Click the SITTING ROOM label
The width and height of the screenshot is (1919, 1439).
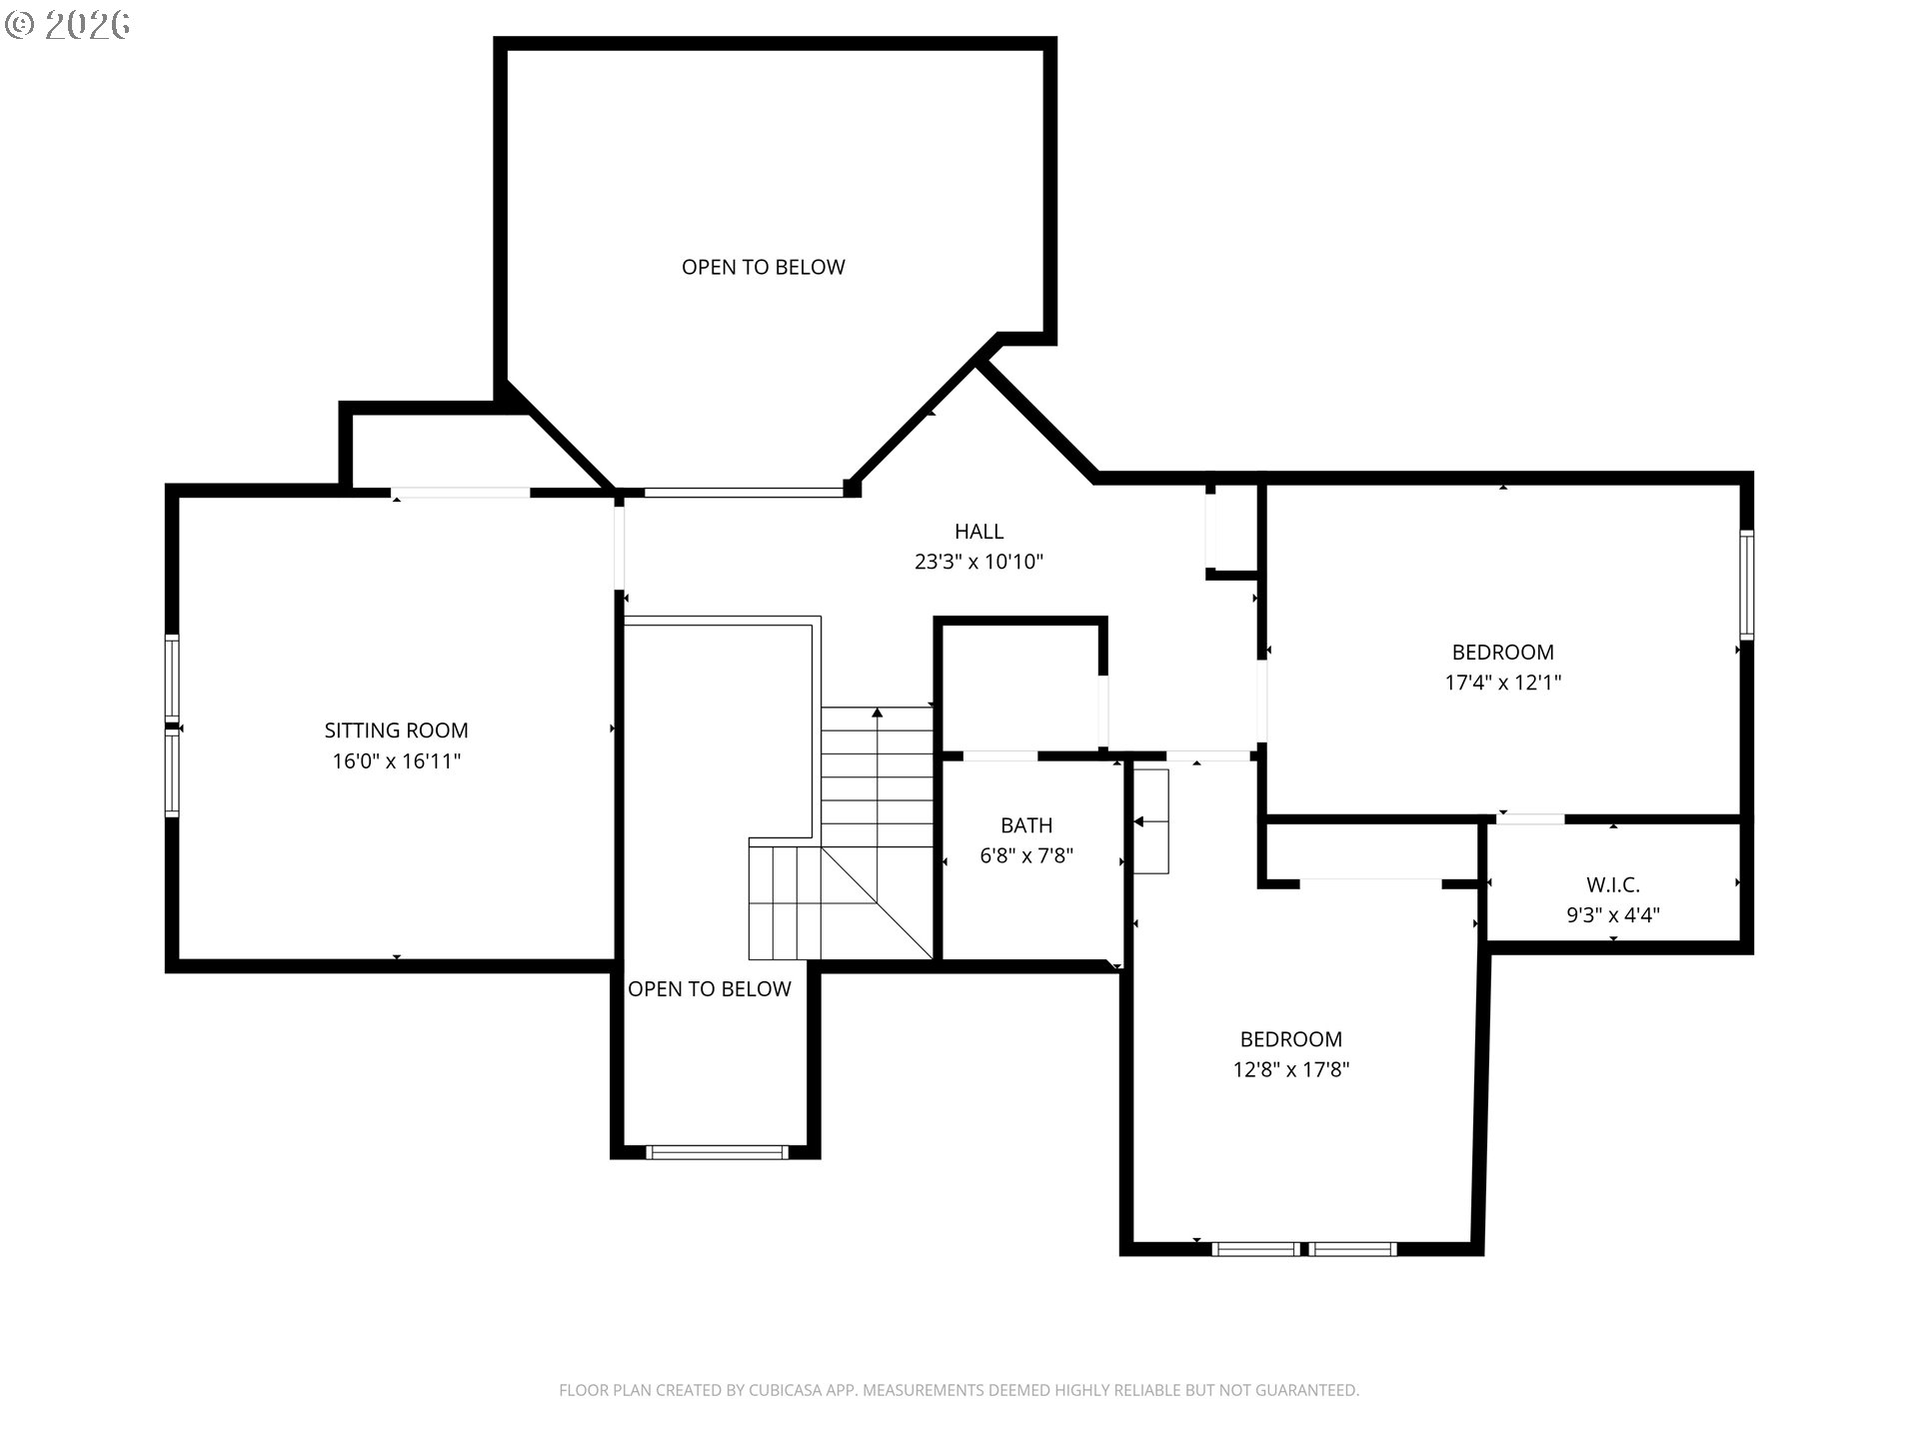coord(396,730)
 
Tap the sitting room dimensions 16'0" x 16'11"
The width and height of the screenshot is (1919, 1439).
coord(396,761)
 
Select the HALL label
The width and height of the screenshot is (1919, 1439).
coord(978,532)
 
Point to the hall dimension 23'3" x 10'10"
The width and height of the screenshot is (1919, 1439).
coord(978,562)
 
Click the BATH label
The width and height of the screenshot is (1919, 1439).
coord(1026,825)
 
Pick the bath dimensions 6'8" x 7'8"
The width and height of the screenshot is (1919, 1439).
coord(1026,855)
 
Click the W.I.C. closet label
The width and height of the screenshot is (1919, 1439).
coord(1612,884)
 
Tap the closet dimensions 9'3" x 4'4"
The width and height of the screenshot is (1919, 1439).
coord(1612,914)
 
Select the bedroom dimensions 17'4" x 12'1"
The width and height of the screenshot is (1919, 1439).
coord(1502,683)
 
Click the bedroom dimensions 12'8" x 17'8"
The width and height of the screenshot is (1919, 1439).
coord(1290,1069)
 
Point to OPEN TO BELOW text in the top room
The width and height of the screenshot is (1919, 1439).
coord(763,267)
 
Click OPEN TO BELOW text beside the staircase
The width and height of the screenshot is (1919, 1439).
coord(709,988)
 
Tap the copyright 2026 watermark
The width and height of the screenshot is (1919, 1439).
coord(67,25)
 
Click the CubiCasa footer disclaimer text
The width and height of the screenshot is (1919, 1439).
coord(959,1390)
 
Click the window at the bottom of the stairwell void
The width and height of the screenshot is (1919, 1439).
coord(717,1152)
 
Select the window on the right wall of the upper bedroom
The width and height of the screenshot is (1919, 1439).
coord(1746,585)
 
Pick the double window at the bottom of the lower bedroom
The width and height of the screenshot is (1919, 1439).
coord(1303,1249)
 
